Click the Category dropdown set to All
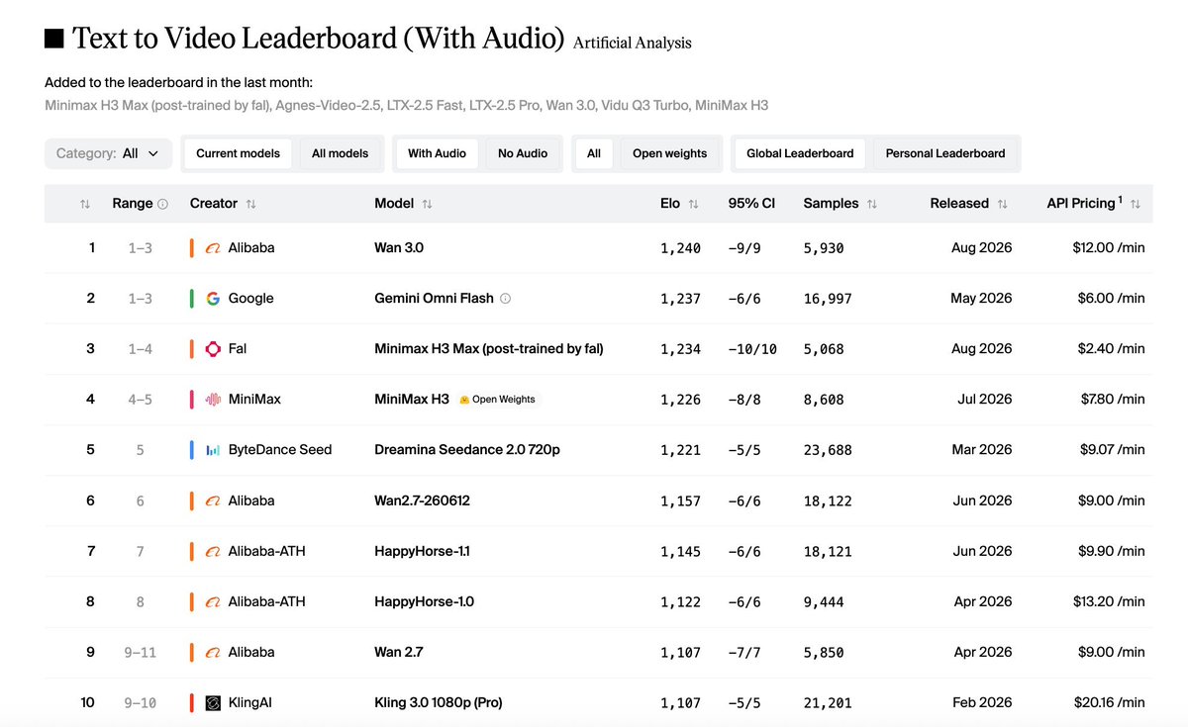pyautogui.click(x=108, y=153)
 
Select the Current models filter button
pyautogui.click(x=238, y=153)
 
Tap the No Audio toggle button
pyautogui.click(x=523, y=153)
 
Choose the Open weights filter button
pyautogui.click(x=669, y=153)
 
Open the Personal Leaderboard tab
pyautogui.click(x=945, y=153)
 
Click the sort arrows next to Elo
pyautogui.click(x=693, y=204)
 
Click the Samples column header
pyautogui.click(x=831, y=204)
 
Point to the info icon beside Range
pyautogui.click(x=162, y=204)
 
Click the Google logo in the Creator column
pyautogui.click(x=213, y=299)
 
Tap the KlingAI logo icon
pyautogui.click(x=213, y=702)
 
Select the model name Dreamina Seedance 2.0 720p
pyautogui.click(x=466, y=450)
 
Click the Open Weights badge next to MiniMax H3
pyautogui.click(x=497, y=400)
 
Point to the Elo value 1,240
pyautogui.click(x=680, y=248)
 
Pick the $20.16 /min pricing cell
pyautogui.click(x=1109, y=702)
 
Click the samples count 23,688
pyautogui.click(x=828, y=450)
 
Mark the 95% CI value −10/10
pyautogui.click(x=752, y=349)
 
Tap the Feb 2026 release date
pyautogui.click(x=982, y=702)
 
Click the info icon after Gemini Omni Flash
pyautogui.click(x=506, y=299)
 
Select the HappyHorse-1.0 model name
pyautogui.click(x=425, y=602)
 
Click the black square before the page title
pyautogui.click(x=54, y=39)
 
